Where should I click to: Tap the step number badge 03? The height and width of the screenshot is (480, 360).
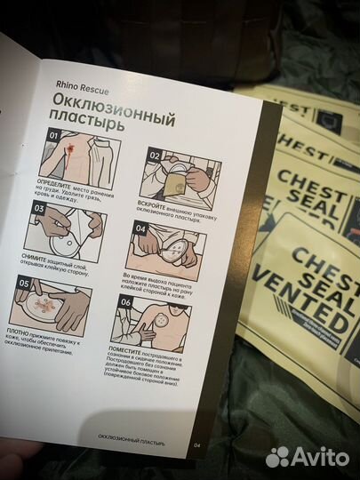40,209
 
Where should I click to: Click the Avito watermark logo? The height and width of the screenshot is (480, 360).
307,456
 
